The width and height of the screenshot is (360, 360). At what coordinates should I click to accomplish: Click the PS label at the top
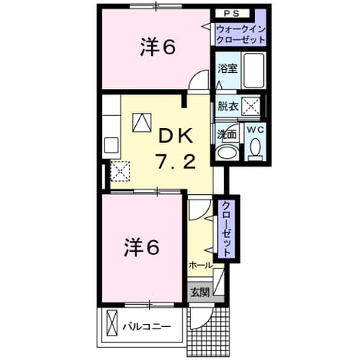[232, 14]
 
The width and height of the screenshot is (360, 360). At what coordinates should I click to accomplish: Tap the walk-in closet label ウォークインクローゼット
[240, 35]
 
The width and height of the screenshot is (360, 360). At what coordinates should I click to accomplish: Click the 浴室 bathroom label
[227, 68]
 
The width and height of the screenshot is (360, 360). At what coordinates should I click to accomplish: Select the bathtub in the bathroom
[253, 70]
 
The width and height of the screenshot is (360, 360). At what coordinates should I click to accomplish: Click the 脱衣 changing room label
[228, 106]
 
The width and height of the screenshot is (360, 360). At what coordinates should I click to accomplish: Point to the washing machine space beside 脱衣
[251, 106]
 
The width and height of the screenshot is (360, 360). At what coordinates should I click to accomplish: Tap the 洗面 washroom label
[226, 134]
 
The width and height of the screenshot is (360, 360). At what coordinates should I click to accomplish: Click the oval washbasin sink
[226, 153]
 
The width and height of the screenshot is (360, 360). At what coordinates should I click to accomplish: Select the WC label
[255, 130]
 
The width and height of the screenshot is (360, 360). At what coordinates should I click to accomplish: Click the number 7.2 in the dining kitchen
[176, 162]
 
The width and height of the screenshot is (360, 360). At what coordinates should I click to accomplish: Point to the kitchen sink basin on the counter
[111, 145]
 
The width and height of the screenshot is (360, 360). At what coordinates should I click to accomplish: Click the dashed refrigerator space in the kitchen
[121, 171]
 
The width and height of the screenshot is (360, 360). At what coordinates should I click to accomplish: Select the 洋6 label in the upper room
[158, 48]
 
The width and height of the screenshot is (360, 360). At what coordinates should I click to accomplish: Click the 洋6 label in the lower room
[142, 247]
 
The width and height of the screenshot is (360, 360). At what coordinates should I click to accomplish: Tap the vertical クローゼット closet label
[226, 230]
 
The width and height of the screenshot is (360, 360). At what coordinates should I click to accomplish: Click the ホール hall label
[200, 265]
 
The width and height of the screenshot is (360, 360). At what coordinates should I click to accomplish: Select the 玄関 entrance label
[200, 292]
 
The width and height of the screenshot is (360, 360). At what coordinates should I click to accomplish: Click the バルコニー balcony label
[147, 326]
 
